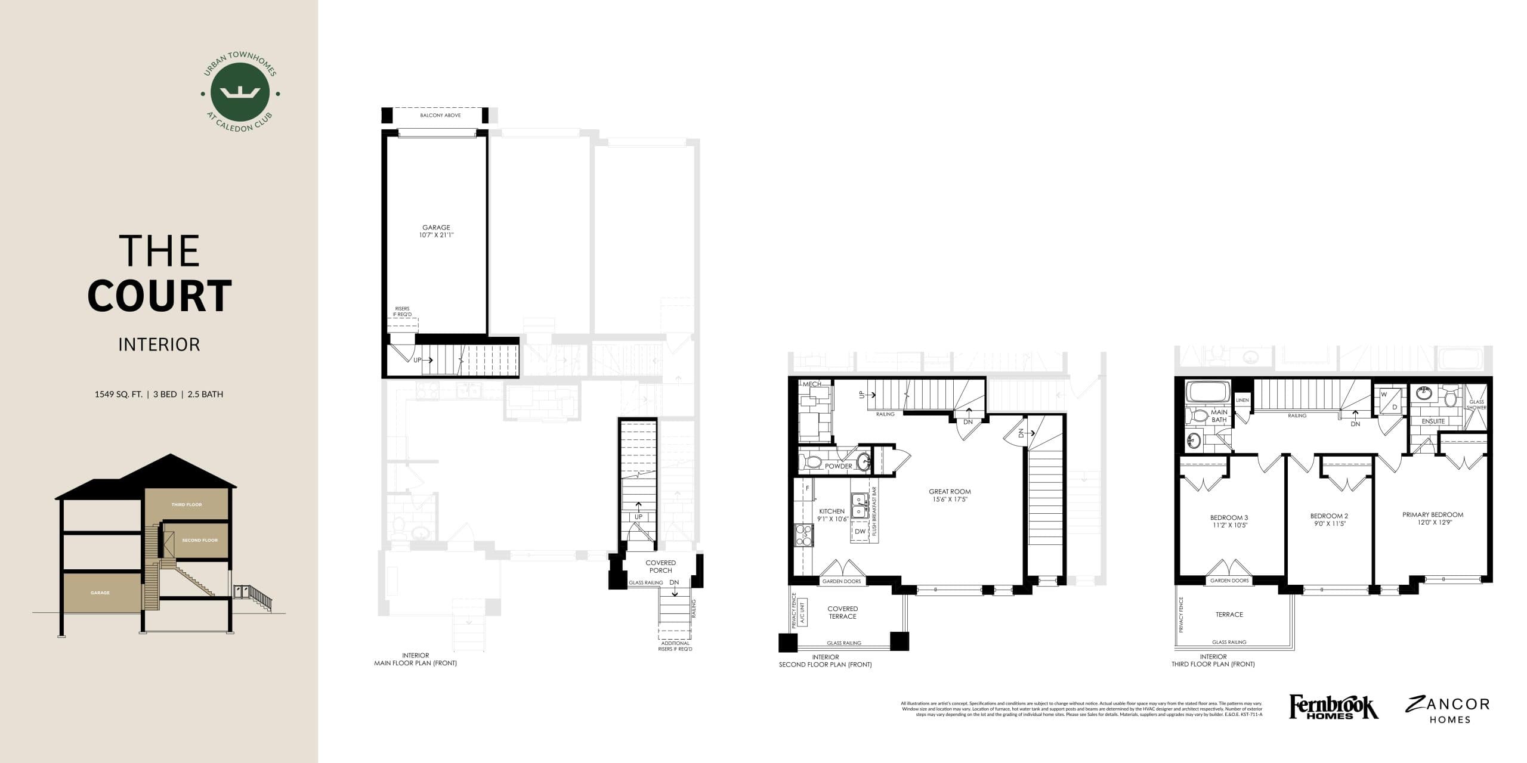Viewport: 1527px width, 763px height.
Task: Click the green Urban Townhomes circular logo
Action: click(x=240, y=93)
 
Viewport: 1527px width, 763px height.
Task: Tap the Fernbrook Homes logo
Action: click(x=1333, y=708)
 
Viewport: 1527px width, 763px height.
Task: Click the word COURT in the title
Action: click(x=159, y=296)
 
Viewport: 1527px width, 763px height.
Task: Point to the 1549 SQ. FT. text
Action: click(x=118, y=394)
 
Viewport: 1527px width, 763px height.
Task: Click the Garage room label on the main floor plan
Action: click(x=436, y=228)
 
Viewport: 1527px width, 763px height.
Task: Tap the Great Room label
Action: click(x=950, y=492)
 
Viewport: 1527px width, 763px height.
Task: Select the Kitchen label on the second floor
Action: click(x=831, y=511)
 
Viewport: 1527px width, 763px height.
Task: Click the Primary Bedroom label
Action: click(x=1433, y=515)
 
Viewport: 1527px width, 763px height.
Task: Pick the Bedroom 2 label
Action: click(x=1329, y=516)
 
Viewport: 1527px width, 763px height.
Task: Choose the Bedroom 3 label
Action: click(x=1229, y=517)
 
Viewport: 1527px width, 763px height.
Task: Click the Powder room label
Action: click(x=838, y=466)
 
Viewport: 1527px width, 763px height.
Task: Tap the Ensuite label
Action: click(x=1433, y=421)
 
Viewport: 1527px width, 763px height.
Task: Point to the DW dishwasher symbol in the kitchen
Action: click(x=860, y=532)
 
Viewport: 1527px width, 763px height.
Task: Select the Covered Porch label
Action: click(x=660, y=566)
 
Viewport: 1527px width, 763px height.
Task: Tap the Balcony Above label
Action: click(x=440, y=115)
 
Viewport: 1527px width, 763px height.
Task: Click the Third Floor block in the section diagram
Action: click(x=187, y=505)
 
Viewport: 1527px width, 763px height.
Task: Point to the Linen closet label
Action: click(x=1242, y=401)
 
